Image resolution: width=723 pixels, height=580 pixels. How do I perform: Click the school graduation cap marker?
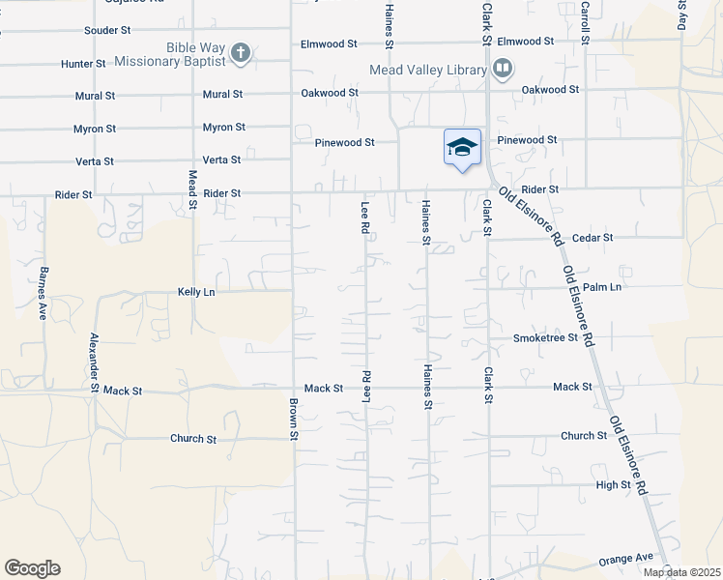pyautogui.click(x=462, y=147)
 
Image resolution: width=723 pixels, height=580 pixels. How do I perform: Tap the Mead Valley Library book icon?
pyautogui.click(x=502, y=69)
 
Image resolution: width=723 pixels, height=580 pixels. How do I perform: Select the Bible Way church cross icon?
pyautogui.click(x=241, y=53)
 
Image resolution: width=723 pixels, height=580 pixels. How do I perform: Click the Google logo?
pyautogui.click(x=32, y=568)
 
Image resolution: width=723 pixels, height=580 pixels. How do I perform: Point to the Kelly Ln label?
pyautogui.click(x=195, y=291)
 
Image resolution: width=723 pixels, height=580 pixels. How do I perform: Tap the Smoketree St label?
pyautogui.click(x=545, y=337)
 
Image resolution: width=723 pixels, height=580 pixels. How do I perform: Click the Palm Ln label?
pyautogui.click(x=601, y=287)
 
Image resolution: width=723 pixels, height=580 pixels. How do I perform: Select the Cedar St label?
pyautogui.click(x=593, y=237)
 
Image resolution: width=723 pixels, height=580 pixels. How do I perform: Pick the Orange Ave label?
pyautogui.click(x=626, y=559)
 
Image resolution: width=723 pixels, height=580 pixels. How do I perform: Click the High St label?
pyautogui.click(x=613, y=484)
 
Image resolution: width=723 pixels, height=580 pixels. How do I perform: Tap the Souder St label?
pyautogui.click(x=107, y=30)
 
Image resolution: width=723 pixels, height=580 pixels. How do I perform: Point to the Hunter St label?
pyautogui.click(x=83, y=63)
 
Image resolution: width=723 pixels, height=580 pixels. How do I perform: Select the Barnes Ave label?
pyautogui.click(x=43, y=280)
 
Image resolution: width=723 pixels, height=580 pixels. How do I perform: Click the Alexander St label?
pyautogui.click(x=94, y=362)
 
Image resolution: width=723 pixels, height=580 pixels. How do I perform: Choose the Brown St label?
pyautogui.click(x=292, y=420)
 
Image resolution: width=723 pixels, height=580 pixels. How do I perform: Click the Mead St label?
pyautogui.click(x=192, y=189)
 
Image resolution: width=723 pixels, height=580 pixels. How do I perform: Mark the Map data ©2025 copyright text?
pyautogui.click(x=680, y=572)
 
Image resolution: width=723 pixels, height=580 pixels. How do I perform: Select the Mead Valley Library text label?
pyautogui.click(x=427, y=70)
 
